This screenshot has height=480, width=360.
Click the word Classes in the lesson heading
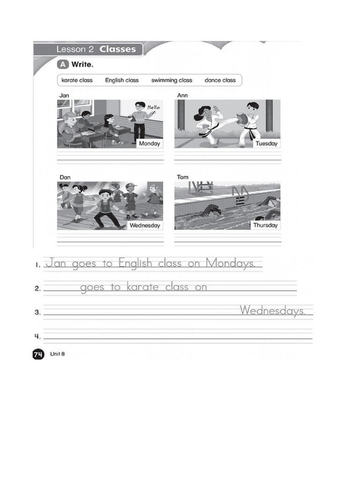click(118, 49)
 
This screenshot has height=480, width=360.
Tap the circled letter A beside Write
click(63, 64)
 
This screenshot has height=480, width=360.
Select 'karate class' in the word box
click(77, 80)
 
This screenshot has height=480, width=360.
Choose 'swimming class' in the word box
click(172, 80)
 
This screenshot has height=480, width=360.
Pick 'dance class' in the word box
click(220, 80)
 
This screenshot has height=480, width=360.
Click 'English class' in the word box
click(122, 80)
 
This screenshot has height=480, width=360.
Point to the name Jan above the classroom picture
click(64, 96)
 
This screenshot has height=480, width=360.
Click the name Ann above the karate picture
click(182, 95)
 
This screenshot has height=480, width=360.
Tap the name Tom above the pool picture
click(182, 177)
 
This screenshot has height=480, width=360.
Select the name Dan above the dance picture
click(65, 177)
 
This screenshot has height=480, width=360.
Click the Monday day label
click(150, 143)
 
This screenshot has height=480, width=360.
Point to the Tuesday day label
click(266, 143)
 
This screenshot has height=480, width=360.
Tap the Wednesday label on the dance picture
click(145, 225)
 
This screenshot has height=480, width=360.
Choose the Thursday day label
click(265, 225)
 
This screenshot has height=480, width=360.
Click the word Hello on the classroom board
click(153, 107)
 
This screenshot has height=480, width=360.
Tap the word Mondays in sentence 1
click(230, 263)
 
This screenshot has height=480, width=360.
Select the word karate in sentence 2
click(142, 287)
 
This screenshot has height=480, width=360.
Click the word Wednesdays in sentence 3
click(272, 311)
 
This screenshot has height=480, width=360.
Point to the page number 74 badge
click(38, 354)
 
